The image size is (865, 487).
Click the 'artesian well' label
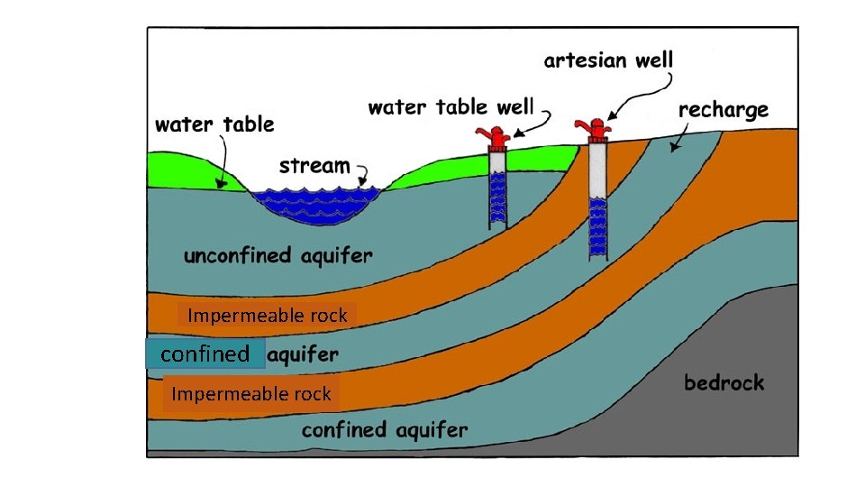click(608, 61)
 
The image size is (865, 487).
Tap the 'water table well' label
click(451, 107)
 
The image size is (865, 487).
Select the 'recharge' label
click(723, 110)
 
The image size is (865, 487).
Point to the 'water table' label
click(214, 124)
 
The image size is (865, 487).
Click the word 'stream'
click(314, 166)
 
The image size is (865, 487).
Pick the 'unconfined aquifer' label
click(278, 255)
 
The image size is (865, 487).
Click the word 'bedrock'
click(724, 382)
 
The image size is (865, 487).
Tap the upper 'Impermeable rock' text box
click(268, 316)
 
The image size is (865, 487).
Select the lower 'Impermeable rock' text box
click(251, 394)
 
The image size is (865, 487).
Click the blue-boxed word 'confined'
click(205, 354)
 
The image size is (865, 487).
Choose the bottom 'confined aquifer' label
click(385, 429)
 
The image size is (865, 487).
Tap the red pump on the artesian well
click(596, 131)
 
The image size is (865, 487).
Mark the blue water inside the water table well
click(496, 199)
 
